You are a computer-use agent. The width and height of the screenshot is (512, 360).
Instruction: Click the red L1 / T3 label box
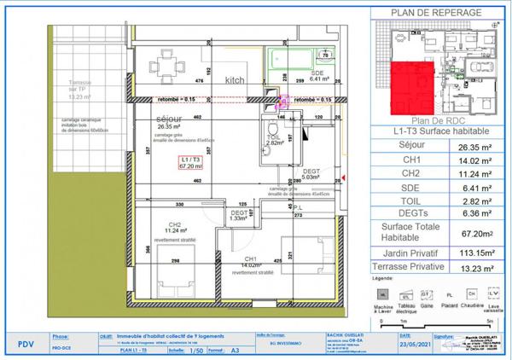coord(189,163)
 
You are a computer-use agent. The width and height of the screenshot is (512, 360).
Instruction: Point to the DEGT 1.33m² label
coord(239,215)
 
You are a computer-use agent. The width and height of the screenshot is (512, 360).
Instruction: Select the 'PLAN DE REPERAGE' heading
coord(435,12)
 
